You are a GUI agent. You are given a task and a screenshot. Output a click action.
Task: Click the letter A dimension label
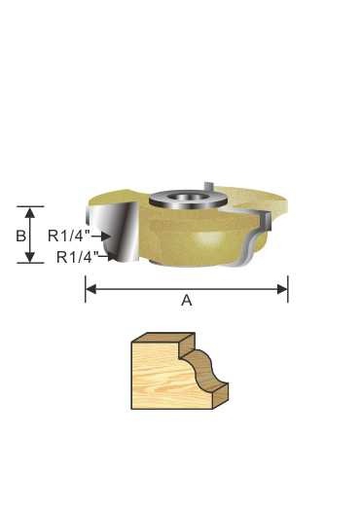pyautogui.click(x=187, y=302)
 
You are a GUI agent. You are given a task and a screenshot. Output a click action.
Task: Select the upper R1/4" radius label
pyautogui.click(x=69, y=235)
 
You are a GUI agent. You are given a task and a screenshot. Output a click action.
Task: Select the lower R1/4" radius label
pyautogui.click(x=77, y=257)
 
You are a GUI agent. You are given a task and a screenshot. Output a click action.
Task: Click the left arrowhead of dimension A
pyautogui.click(x=90, y=288)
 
